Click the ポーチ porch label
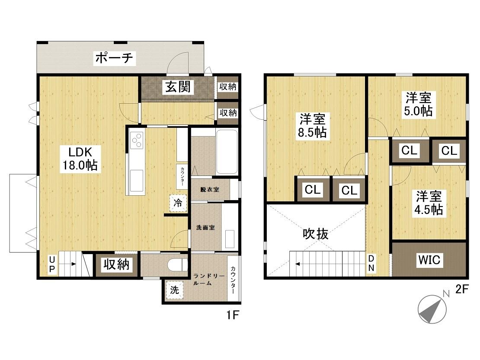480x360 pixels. pos(114,58)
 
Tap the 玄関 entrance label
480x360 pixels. pos(178,87)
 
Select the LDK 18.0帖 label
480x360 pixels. pos(80,159)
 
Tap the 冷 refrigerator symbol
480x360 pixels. pos(178,203)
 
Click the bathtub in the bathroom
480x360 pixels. pos(227,152)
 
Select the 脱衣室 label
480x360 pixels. pos(210,190)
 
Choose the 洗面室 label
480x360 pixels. pos(205,228)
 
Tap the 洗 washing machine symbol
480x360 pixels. pos(175,290)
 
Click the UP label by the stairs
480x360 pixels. pos(52,264)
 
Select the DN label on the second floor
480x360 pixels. pos(371,263)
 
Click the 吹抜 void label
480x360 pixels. pos(316,234)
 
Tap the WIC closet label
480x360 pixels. pos(429,260)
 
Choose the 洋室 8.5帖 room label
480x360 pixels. pos(313,126)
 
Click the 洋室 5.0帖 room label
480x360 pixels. pos(419,104)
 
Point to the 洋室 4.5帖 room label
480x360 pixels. pos(429,203)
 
